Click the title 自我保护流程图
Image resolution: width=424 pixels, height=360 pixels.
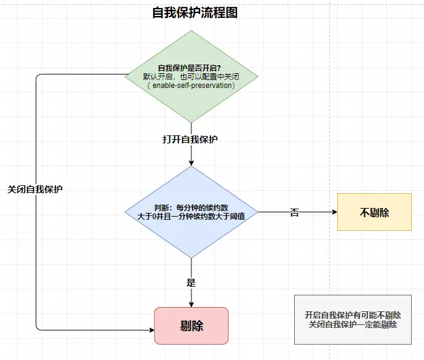[x=195, y=12]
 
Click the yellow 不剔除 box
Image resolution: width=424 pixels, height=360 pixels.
[x=374, y=212]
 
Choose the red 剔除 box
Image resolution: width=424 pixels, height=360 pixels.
[x=191, y=326]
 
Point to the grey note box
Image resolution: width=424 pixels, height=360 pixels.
[x=353, y=319]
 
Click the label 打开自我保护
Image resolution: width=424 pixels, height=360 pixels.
[x=190, y=139]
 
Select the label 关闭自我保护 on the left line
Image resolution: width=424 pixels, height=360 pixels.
[x=35, y=190]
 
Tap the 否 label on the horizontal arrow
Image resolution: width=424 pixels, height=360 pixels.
[x=294, y=212]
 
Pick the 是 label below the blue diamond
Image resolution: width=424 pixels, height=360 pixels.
[x=191, y=283]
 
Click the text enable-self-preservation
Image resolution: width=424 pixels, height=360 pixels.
[x=192, y=86]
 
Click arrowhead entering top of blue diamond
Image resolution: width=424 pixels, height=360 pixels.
[x=191, y=162]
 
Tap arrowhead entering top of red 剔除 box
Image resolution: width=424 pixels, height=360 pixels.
[x=191, y=304]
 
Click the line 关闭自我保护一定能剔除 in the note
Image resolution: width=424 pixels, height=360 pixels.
[x=353, y=324]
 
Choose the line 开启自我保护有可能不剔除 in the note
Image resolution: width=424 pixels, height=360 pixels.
[x=353, y=314]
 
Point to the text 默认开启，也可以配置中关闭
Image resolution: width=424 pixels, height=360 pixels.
[x=192, y=77]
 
